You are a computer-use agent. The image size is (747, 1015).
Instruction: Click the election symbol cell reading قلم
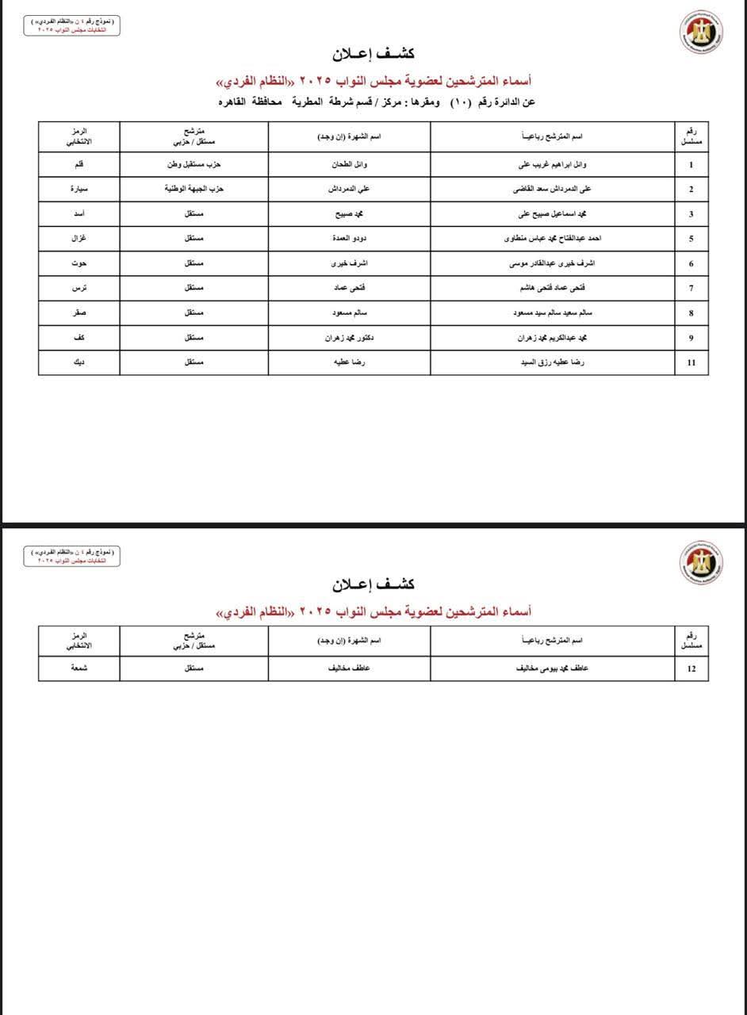coord(79,165)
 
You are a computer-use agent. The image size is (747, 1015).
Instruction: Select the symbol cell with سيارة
coord(79,190)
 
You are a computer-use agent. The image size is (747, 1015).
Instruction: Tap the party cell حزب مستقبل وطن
coord(193,165)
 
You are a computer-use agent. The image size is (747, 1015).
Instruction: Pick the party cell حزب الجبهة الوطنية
coord(193,190)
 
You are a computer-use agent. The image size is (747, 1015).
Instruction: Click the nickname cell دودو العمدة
coord(349,239)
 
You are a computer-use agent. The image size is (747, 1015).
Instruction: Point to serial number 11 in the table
coord(691,362)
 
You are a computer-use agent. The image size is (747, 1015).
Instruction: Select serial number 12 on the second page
coord(691,668)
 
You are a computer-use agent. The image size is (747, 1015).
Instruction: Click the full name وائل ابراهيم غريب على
coord(554,165)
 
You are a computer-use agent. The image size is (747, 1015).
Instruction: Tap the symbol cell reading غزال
coord(79,239)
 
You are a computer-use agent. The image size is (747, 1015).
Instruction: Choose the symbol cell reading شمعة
coord(79,668)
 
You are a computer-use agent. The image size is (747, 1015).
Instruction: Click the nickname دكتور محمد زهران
coord(349,338)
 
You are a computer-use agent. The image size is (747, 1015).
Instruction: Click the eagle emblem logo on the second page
coord(700,563)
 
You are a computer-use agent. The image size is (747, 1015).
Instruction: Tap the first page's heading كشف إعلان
coord(373,54)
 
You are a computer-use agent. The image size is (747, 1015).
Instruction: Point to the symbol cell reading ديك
coord(79,362)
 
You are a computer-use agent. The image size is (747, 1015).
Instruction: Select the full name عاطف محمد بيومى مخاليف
coord(554,668)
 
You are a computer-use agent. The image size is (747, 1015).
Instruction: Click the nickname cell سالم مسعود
coord(349,313)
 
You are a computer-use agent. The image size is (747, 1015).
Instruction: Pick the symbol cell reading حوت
coord(79,263)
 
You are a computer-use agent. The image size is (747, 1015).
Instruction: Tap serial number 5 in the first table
coord(691,239)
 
